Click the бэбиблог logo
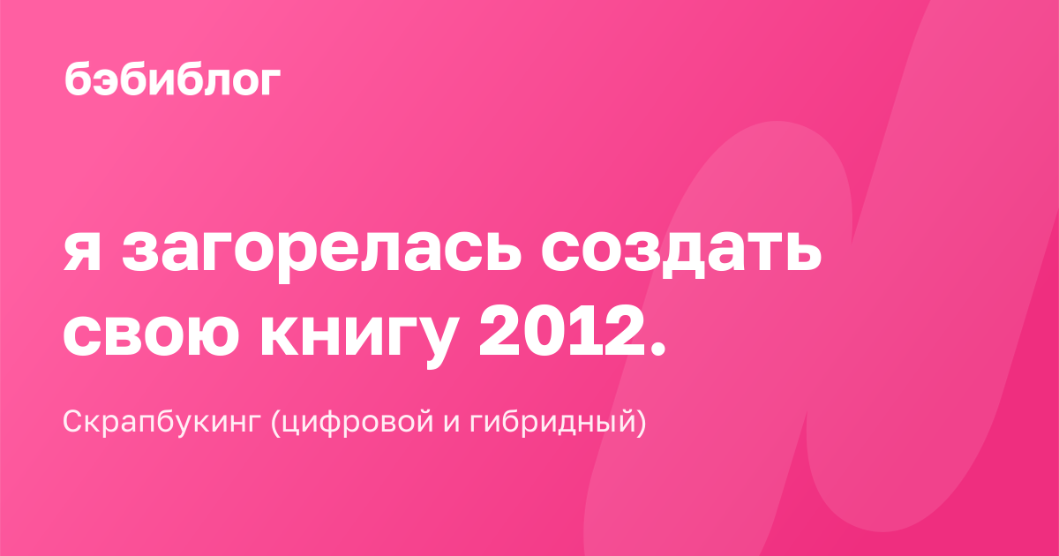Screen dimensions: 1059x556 [172, 79]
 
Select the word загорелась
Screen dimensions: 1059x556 [322, 257]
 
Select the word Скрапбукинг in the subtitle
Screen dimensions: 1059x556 [162, 421]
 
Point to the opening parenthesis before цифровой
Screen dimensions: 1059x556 [275, 422]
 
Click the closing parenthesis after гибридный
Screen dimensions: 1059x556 [641, 422]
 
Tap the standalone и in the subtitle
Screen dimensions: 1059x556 [452, 425]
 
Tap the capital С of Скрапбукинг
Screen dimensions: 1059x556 [75, 421]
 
